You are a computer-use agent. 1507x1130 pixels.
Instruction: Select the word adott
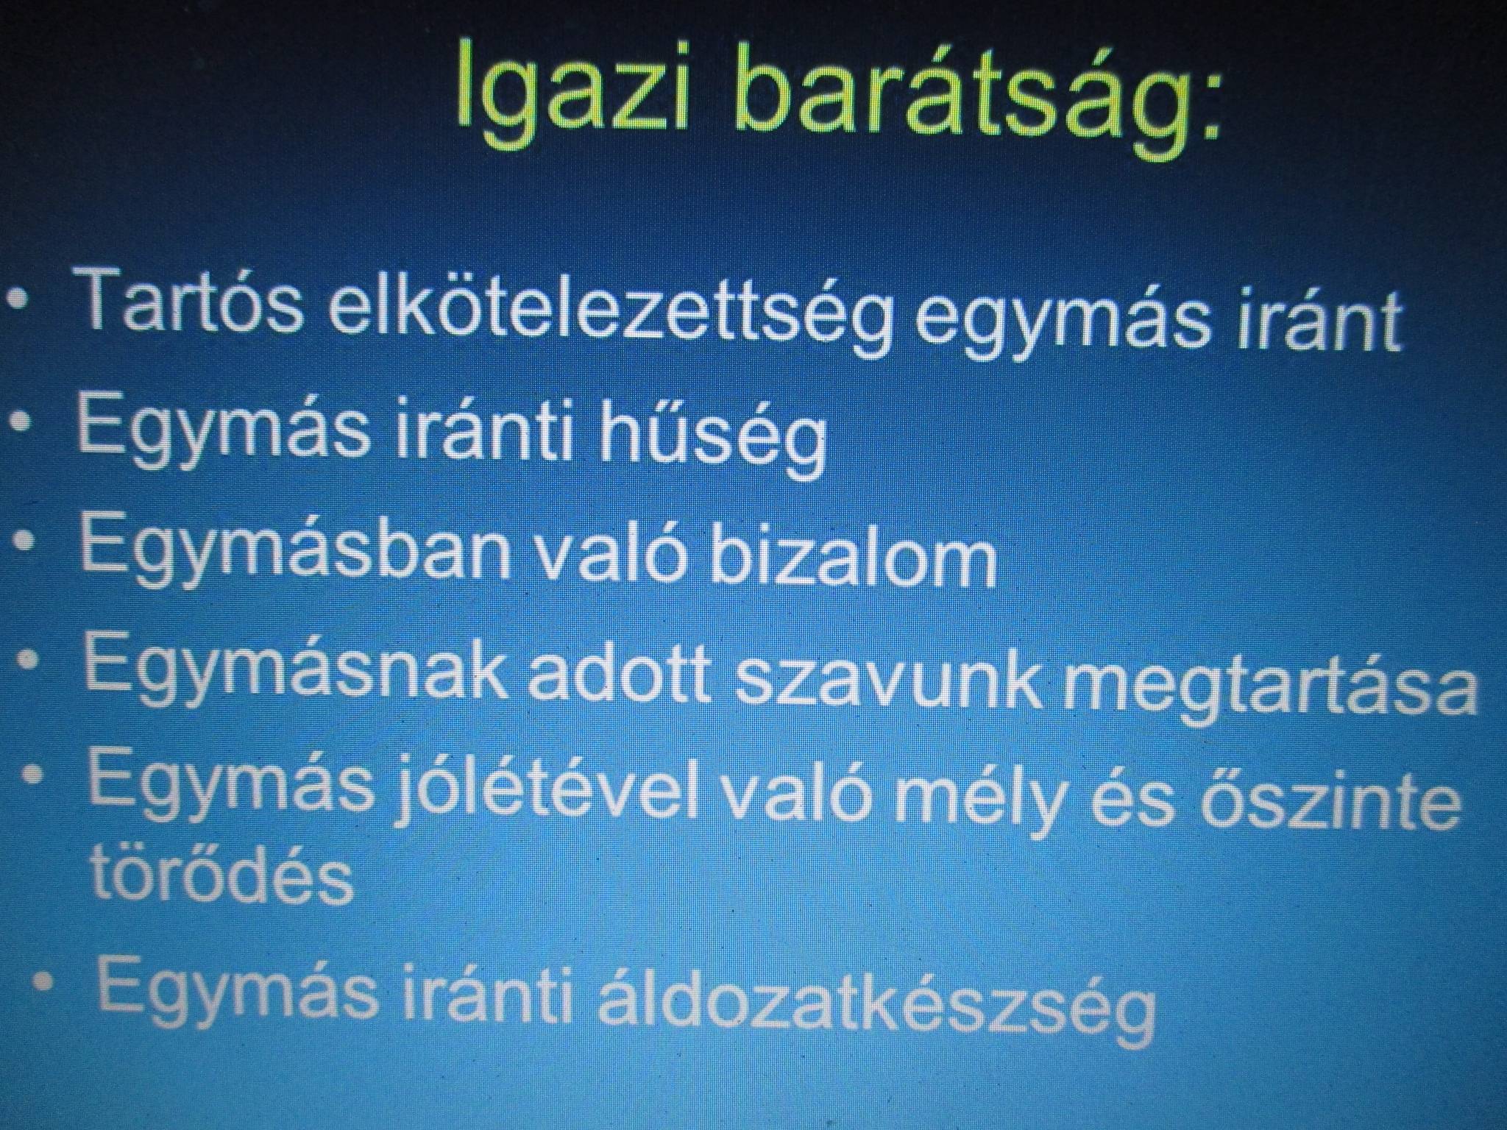[x=625, y=670]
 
